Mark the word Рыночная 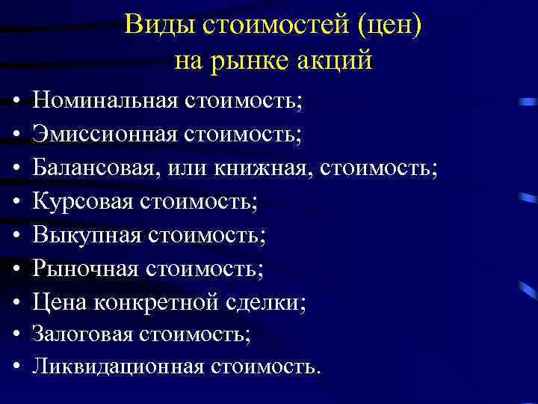[84, 269]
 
